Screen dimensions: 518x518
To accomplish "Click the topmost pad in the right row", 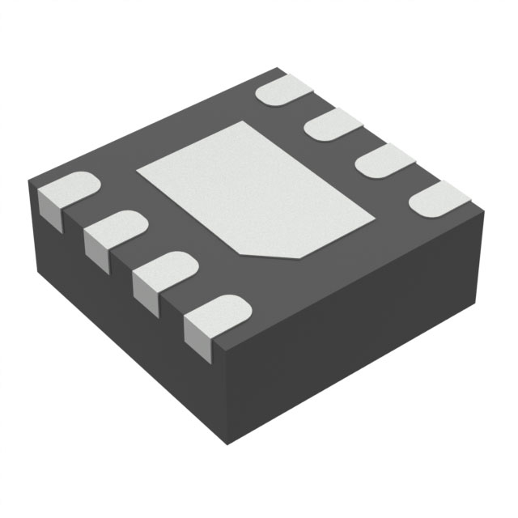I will point(284,90).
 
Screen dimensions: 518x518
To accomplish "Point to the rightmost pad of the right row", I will point(437,197).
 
